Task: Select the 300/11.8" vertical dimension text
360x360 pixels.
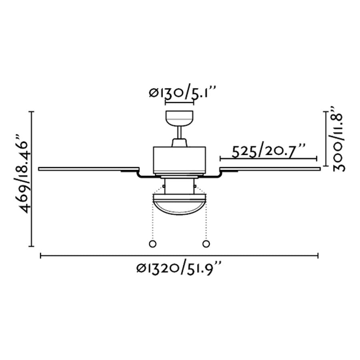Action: click(x=338, y=138)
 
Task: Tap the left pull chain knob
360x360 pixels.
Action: click(x=152, y=244)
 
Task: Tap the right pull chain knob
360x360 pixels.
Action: click(x=206, y=244)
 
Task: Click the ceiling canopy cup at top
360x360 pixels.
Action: click(x=179, y=119)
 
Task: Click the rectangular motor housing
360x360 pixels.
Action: click(x=180, y=160)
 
